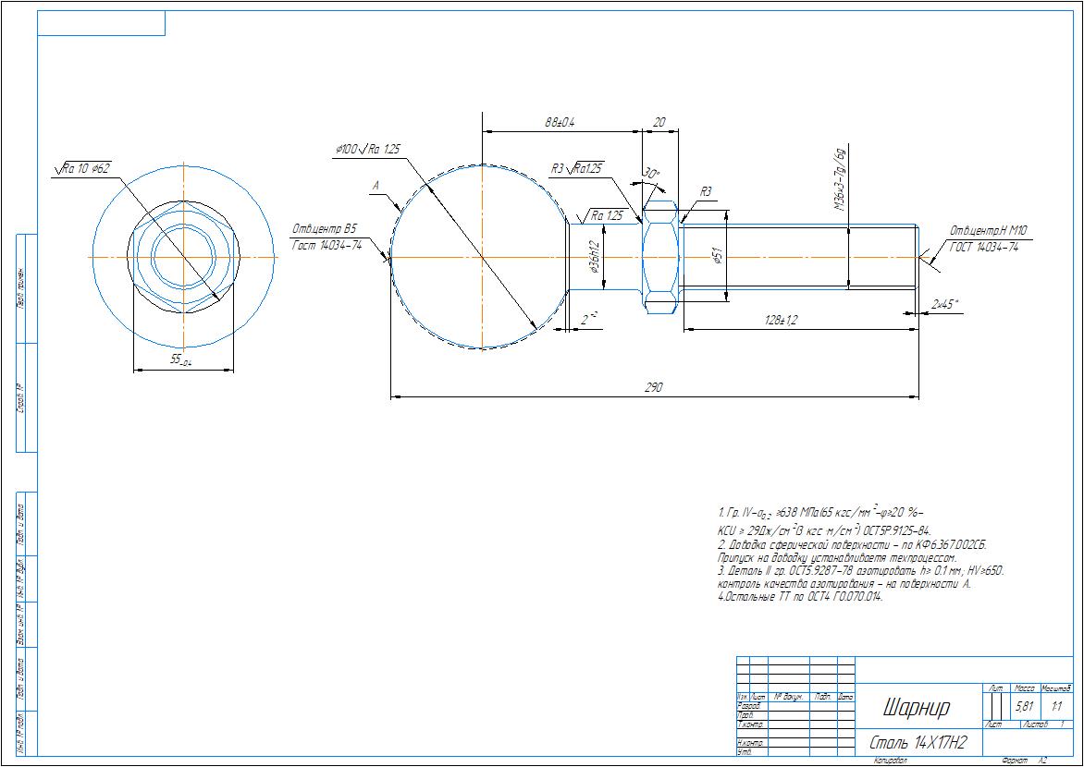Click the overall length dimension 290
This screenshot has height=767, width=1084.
[653, 389]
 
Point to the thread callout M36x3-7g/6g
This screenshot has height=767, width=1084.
[840, 180]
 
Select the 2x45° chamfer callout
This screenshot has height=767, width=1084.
[945, 303]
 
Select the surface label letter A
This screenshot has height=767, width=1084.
[376, 186]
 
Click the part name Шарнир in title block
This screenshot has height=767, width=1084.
[916, 708]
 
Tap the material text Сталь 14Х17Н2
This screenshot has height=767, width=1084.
[918, 743]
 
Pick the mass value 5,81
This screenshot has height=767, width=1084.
[1025, 707]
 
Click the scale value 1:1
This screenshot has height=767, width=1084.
[1056, 707]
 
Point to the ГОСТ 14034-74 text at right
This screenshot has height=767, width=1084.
[984, 247]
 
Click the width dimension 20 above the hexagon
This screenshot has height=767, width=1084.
[659, 122]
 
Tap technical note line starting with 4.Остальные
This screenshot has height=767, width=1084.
[800, 597]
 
